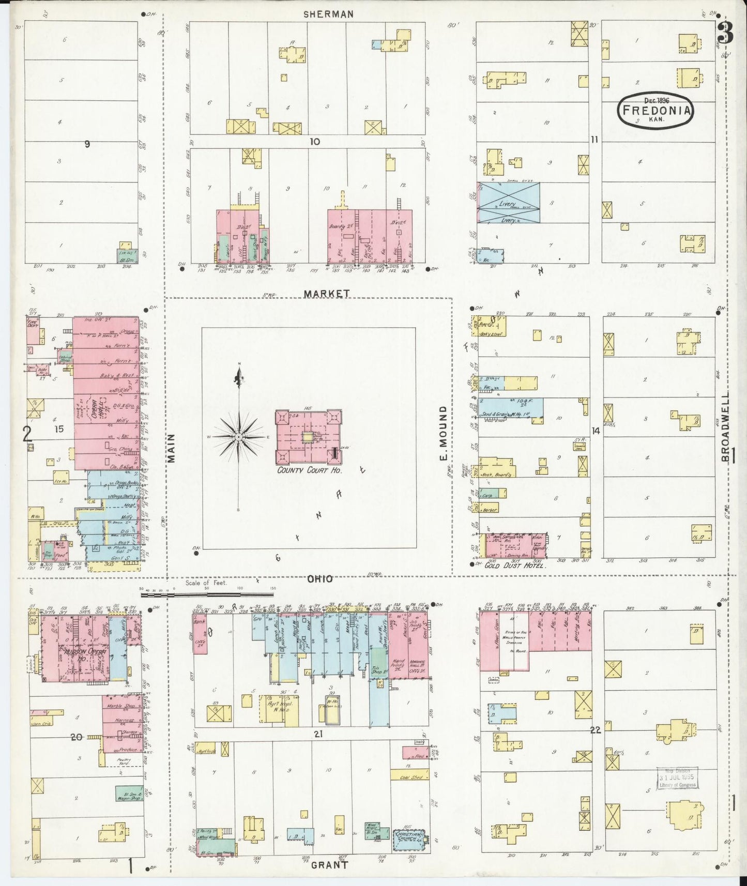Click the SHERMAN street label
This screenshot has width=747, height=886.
tap(328, 14)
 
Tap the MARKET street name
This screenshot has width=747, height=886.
tap(326, 294)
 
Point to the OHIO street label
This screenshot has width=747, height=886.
tap(319, 579)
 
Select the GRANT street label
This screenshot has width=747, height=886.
tap(329, 864)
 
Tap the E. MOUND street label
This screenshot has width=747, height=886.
tap(443, 433)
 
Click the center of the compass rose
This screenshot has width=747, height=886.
tap(239, 437)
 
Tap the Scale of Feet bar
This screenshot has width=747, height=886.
tap(207, 594)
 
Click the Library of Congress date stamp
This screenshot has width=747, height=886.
tap(677, 778)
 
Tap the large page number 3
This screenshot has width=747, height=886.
tap(725, 32)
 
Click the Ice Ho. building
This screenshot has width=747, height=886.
tap(61, 477)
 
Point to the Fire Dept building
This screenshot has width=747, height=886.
tap(34, 331)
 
